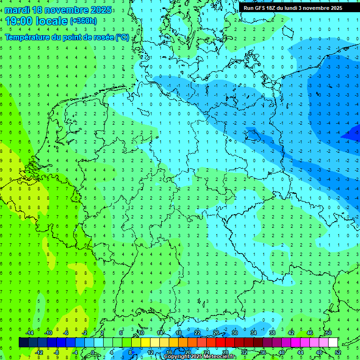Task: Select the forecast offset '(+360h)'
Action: point(83,21)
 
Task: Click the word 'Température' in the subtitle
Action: point(28,37)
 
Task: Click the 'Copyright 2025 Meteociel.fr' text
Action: point(200,357)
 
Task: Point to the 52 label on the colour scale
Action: point(338,352)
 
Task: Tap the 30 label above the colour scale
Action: point(235,333)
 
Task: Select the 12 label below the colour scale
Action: point(150,352)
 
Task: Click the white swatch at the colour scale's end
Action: point(333,343)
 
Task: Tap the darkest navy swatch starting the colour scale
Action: point(23,343)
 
